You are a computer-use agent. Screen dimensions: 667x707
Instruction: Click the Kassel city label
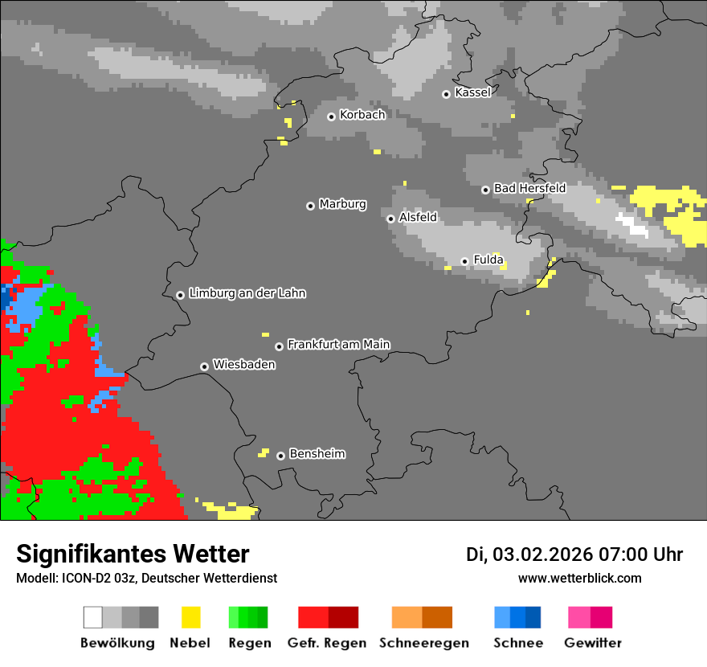(472, 92)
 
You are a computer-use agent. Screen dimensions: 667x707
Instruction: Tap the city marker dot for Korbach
(331, 117)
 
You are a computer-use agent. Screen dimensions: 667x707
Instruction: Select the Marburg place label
(342, 204)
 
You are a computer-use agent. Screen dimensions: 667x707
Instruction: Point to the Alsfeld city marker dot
(390, 219)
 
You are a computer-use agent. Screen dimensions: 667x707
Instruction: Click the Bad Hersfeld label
(529, 188)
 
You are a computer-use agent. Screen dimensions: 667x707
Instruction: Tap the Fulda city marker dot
(464, 261)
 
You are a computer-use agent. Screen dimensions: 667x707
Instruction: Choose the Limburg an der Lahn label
(247, 293)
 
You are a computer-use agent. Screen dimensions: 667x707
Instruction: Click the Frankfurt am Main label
(338, 344)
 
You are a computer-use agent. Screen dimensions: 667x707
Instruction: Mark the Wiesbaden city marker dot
(204, 366)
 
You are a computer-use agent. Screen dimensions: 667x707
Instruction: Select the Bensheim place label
(317, 453)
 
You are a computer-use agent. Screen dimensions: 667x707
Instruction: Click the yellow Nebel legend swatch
(190, 617)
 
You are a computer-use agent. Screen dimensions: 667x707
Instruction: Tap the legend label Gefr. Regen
(327, 643)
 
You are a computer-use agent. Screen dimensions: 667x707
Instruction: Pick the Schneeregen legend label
(424, 643)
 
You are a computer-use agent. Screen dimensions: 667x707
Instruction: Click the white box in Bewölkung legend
(93, 617)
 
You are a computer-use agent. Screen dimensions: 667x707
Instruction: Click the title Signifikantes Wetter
(133, 554)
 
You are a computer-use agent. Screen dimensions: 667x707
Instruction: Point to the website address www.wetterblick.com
(579, 578)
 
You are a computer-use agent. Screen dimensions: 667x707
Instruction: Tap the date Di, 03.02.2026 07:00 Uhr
(574, 554)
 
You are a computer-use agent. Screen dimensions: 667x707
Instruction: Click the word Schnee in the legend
(518, 643)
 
